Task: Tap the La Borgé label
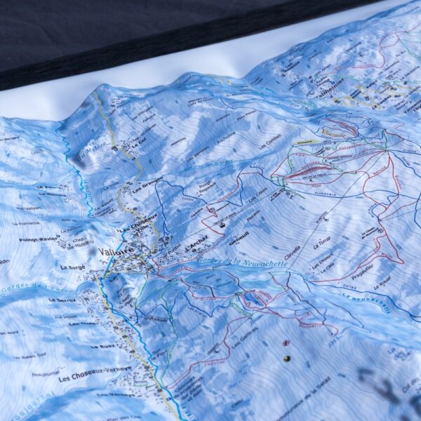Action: (x=72, y=267)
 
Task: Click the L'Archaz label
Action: (x=197, y=247)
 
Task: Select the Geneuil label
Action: (x=239, y=236)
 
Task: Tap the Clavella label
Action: (x=293, y=250)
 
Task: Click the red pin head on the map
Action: (x=286, y=343)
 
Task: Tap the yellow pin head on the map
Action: (x=286, y=359)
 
